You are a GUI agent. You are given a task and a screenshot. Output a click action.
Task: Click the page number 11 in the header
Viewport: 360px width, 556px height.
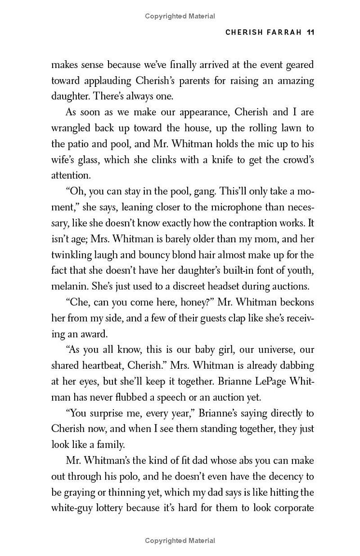click(310, 32)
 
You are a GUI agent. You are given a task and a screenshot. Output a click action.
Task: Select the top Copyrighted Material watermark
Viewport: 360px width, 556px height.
click(180, 16)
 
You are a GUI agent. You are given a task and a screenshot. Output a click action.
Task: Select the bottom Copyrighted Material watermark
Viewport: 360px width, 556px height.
click(180, 540)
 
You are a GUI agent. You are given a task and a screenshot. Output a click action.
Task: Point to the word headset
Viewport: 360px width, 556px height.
click(224, 286)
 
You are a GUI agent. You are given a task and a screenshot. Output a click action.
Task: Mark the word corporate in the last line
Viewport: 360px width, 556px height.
click(291, 508)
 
